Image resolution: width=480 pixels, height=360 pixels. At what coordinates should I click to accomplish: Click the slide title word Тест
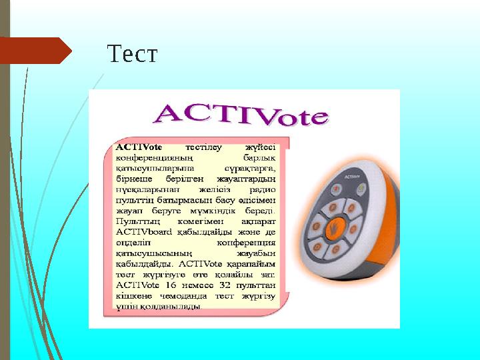pyautogui.click(x=132, y=53)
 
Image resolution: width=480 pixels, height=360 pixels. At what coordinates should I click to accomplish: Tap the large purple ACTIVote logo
pyautogui.click(x=242, y=115)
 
